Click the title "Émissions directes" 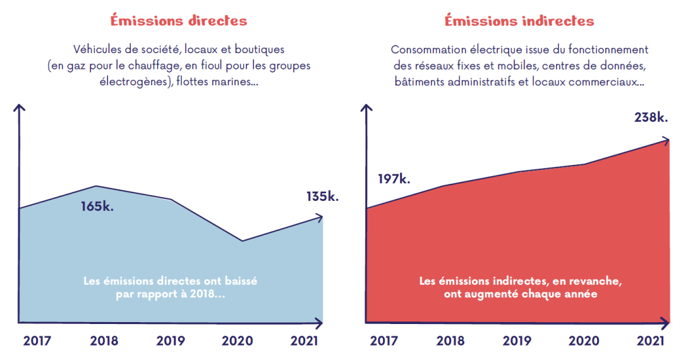coord(179,20)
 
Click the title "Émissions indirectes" coord(519,21)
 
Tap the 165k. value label coord(97,207)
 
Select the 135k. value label coord(322,196)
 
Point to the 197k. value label coord(394,179)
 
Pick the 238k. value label coord(651,117)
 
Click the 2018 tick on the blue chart coord(104,341)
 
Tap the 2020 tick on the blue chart coord(237,341)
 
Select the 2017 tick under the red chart coord(383,341)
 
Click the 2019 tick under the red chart coord(517,341)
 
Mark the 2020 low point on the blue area coord(242,241)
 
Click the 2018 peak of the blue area coord(96,186)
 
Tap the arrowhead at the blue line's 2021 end coord(320,218)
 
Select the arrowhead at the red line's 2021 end coord(665,140)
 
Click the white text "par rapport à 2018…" coord(170,294)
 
